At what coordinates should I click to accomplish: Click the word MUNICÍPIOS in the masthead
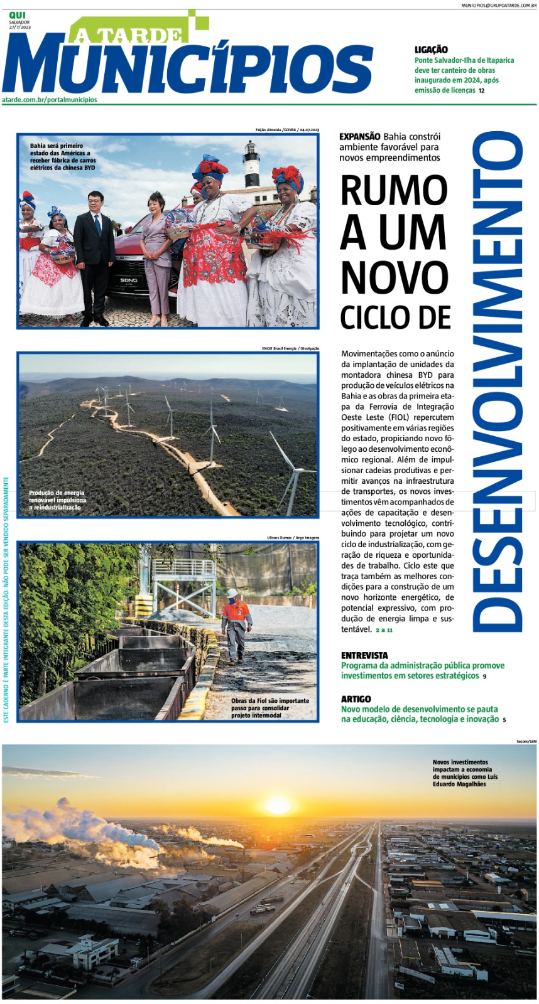coord(188,66)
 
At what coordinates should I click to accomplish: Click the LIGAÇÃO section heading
coord(431,50)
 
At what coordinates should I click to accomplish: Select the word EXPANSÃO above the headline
coord(359,136)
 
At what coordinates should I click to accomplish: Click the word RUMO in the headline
coord(394,190)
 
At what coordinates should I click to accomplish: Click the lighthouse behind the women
coord(251,164)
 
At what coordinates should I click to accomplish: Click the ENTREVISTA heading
coord(364,655)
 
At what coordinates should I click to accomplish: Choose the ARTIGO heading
coord(356,699)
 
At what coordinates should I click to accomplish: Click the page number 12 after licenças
coord(481,91)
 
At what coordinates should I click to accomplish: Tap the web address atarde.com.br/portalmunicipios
coord(50,100)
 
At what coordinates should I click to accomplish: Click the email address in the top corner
coord(499,5)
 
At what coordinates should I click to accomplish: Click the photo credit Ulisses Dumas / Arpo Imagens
coord(293,538)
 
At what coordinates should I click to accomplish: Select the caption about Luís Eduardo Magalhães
coord(465,773)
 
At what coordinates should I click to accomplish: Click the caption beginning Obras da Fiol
coord(269,708)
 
